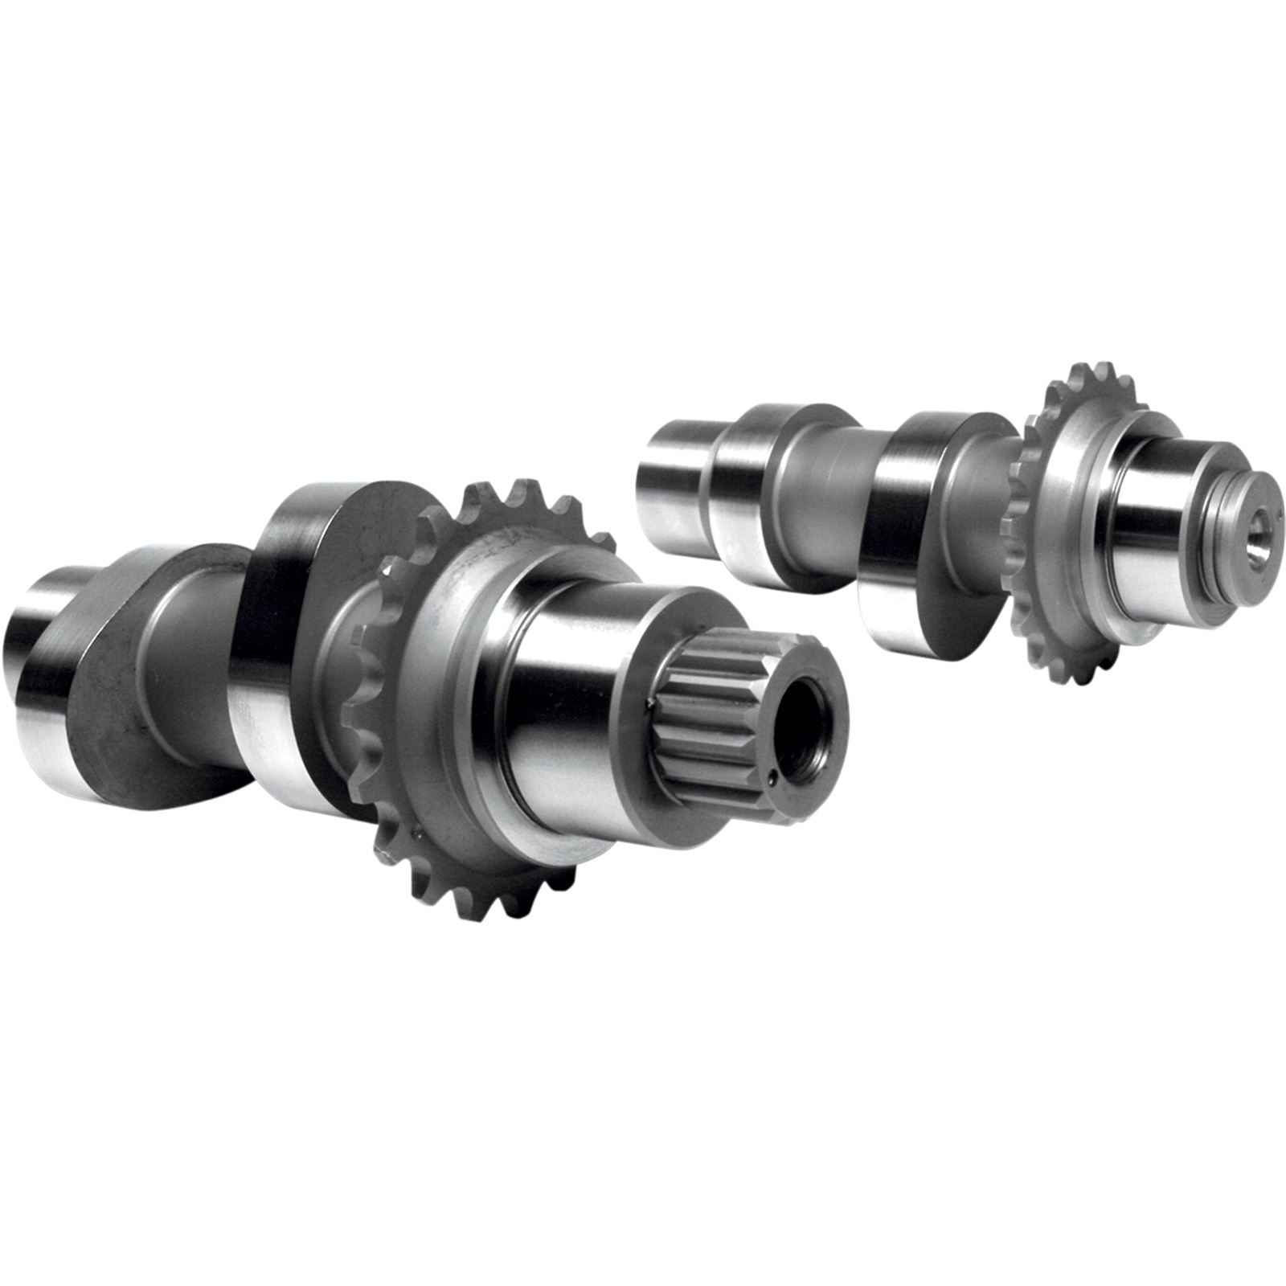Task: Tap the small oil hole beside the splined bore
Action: [771, 777]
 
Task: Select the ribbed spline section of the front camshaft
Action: [707, 707]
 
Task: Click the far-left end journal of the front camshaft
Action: [32, 643]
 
